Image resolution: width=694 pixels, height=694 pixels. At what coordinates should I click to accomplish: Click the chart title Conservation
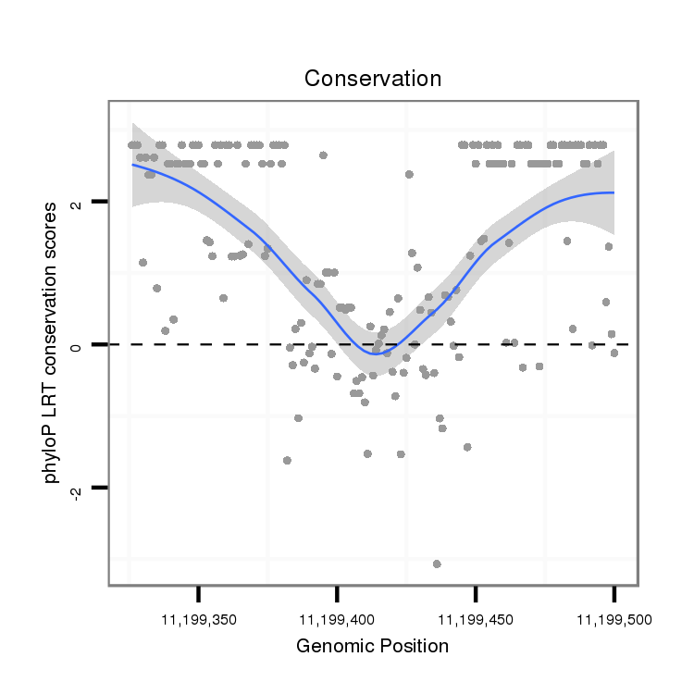373,79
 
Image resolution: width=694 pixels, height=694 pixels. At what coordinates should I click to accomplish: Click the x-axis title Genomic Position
372,646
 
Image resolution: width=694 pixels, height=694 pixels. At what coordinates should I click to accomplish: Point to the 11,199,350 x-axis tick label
198,617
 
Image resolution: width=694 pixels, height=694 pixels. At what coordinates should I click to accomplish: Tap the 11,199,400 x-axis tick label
337,617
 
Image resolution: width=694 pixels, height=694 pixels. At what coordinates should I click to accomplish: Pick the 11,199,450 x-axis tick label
475,617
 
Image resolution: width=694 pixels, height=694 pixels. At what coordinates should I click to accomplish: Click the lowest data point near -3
437,564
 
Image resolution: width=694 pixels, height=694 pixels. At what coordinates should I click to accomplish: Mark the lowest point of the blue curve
375,352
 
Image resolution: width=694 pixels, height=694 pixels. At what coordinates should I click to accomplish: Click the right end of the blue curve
613,192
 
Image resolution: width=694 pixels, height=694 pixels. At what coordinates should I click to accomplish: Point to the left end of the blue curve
132,164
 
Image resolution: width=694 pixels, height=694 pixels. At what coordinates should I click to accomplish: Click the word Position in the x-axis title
413,646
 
